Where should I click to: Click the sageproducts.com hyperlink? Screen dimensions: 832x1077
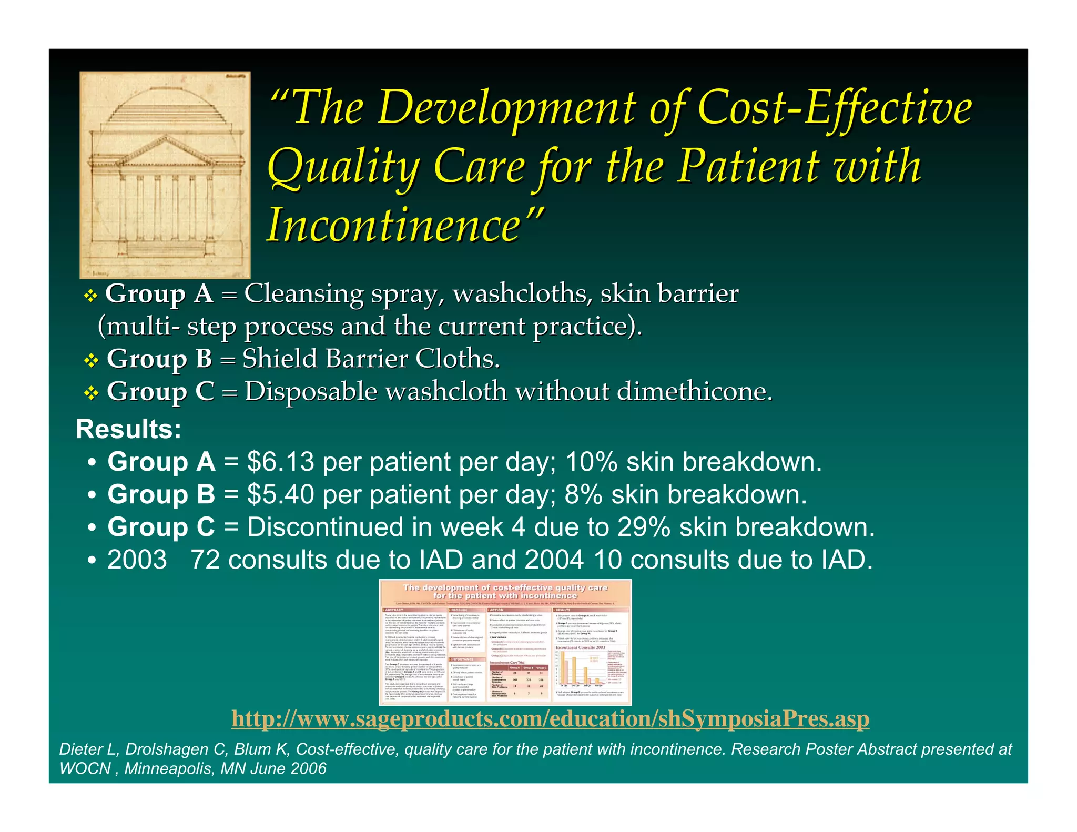click(x=550, y=719)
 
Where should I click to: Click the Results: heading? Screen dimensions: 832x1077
click(x=129, y=429)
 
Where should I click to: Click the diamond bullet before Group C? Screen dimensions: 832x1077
click(x=92, y=393)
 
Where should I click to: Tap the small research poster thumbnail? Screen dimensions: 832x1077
click(x=505, y=642)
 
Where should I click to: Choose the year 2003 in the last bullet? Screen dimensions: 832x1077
click(x=137, y=560)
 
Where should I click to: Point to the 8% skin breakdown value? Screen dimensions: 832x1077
click(x=583, y=495)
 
